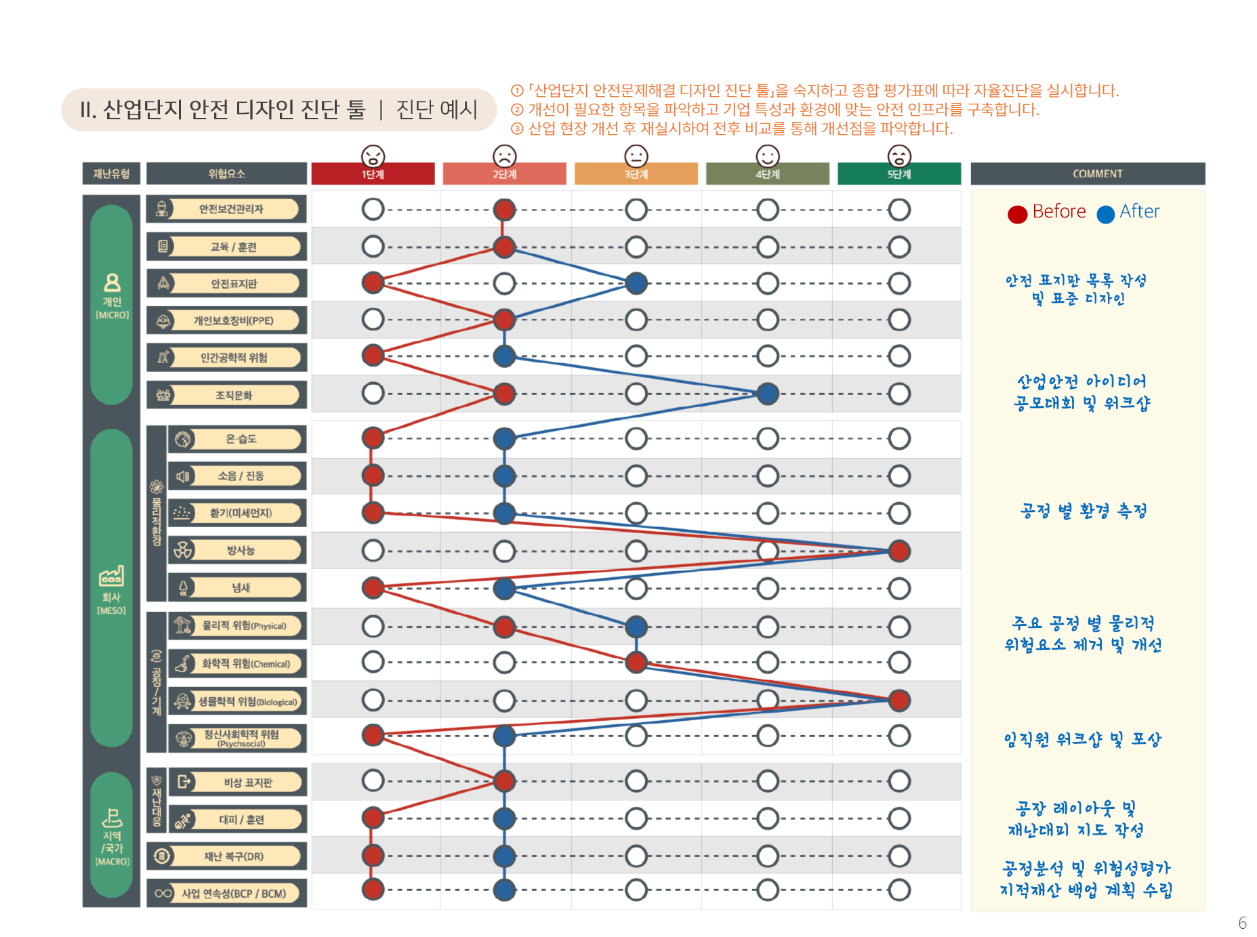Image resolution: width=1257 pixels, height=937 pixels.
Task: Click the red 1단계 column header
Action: point(373,173)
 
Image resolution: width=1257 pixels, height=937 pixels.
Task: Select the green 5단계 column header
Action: point(899,173)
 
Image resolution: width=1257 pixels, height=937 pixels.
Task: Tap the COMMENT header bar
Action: point(1087,173)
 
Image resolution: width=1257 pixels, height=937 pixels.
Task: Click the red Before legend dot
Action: point(1017,214)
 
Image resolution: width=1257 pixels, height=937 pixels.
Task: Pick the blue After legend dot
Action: point(1105,214)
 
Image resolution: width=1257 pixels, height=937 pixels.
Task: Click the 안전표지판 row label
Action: point(234,283)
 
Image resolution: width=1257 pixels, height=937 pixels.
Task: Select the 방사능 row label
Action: point(241,550)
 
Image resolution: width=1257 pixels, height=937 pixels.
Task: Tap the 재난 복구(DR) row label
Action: point(234,856)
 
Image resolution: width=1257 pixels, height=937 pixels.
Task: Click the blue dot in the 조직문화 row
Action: point(767,394)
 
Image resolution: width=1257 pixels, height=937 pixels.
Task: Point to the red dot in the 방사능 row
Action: point(899,551)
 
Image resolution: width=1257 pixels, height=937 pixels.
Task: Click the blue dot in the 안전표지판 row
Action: point(636,283)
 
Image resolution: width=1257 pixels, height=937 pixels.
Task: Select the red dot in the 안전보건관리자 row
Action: point(504,209)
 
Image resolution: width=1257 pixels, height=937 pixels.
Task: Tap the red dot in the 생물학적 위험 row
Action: point(899,700)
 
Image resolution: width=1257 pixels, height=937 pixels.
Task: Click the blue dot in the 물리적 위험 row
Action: point(636,627)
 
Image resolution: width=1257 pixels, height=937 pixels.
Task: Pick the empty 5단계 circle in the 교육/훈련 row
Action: point(899,247)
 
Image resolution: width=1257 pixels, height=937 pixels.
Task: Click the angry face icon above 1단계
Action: point(373,156)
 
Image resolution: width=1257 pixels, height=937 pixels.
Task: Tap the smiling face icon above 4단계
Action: point(767,156)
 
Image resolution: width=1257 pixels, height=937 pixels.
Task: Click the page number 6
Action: point(1242,923)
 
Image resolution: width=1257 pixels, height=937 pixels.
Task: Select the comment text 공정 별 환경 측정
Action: point(1083,511)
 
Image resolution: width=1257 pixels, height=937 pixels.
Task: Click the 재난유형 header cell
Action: point(111,173)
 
